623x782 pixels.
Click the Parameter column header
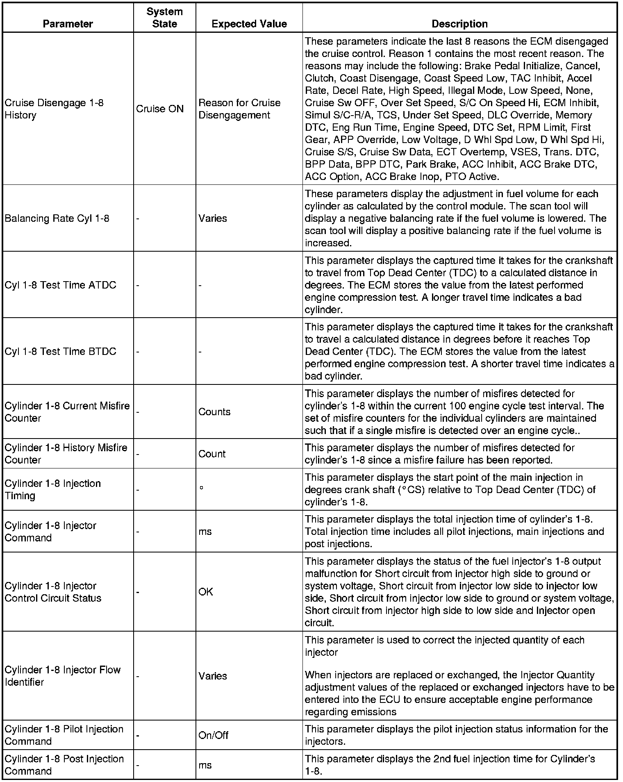point(68,24)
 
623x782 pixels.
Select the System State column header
point(164,18)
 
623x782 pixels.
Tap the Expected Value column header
point(249,24)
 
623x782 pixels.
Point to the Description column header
point(459,24)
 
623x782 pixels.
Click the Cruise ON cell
point(160,109)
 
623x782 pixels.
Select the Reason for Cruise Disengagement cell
point(239,109)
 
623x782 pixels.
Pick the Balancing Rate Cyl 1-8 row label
point(57,218)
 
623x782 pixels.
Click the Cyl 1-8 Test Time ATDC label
point(60,285)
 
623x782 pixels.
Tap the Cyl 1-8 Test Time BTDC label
point(60,351)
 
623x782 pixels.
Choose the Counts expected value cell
point(214,411)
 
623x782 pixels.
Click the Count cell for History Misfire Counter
point(212,454)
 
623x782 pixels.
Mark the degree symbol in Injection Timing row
point(201,488)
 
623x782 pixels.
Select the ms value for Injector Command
point(205,532)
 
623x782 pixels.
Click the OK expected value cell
point(206,592)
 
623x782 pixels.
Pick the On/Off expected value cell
point(213,735)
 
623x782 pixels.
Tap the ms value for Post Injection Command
point(205,765)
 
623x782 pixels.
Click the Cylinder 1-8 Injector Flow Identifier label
point(63,676)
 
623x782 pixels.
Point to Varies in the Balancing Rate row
point(212,218)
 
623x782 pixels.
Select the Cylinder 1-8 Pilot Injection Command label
point(64,735)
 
